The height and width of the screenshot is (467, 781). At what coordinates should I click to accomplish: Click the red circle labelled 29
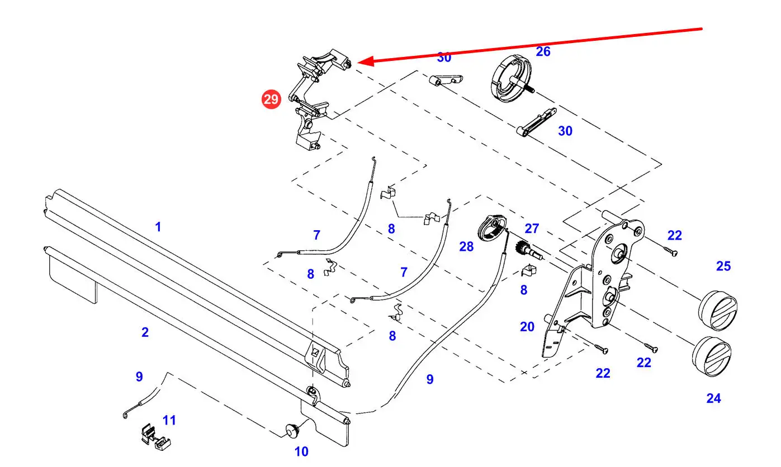click(x=271, y=100)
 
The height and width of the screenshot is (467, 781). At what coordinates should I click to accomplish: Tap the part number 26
click(x=543, y=52)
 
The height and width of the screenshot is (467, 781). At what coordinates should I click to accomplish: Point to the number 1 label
click(x=158, y=227)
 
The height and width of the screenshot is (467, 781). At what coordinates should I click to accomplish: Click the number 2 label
click(x=145, y=332)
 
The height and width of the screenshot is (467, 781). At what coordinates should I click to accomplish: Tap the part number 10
click(x=301, y=451)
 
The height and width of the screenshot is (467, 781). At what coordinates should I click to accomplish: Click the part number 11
click(x=169, y=420)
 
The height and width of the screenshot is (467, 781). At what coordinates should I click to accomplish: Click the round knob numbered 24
click(x=711, y=356)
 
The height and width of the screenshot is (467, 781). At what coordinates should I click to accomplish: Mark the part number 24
click(x=713, y=398)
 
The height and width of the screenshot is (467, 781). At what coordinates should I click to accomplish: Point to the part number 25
click(x=723, y=266)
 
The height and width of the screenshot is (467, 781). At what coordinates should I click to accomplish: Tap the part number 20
click(x=527, y=327)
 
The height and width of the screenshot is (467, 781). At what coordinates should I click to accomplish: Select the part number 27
click(x=532, y=228)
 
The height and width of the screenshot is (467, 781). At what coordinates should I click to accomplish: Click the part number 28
click(x=466, y=246)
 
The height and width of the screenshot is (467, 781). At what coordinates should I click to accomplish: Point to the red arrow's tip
click(x=358, y=63)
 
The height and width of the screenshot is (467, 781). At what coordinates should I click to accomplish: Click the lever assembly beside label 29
click(x=311, y=101)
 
